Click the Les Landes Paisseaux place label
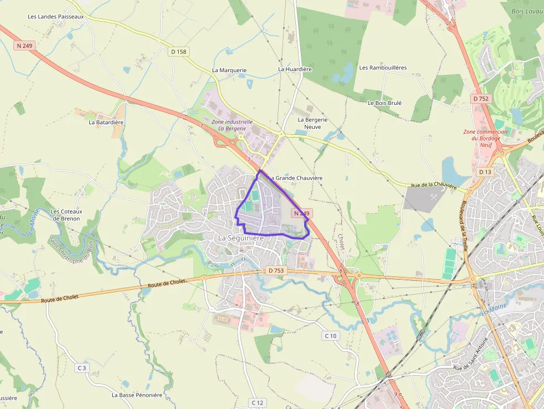pos(56,17)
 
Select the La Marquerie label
pos(229,70)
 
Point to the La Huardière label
pos(295,69)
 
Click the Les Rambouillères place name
pos(383,68)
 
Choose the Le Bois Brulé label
pos(385,103)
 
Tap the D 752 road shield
pos(481,98)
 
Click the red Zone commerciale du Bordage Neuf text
pos(486,138)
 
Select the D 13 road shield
pos(485,172)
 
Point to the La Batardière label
pos(106,122)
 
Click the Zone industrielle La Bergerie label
pos(232,125)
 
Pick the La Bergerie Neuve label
pos(313,123)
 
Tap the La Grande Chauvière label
pos(295,178)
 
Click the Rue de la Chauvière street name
pos(434,186)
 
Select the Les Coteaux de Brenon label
pos(66,215)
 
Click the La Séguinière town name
pos(240,238)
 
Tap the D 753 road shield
pos(275,270)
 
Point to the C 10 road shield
pos(330,336)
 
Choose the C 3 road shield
pos(82,368)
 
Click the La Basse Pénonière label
pos(137,395)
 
